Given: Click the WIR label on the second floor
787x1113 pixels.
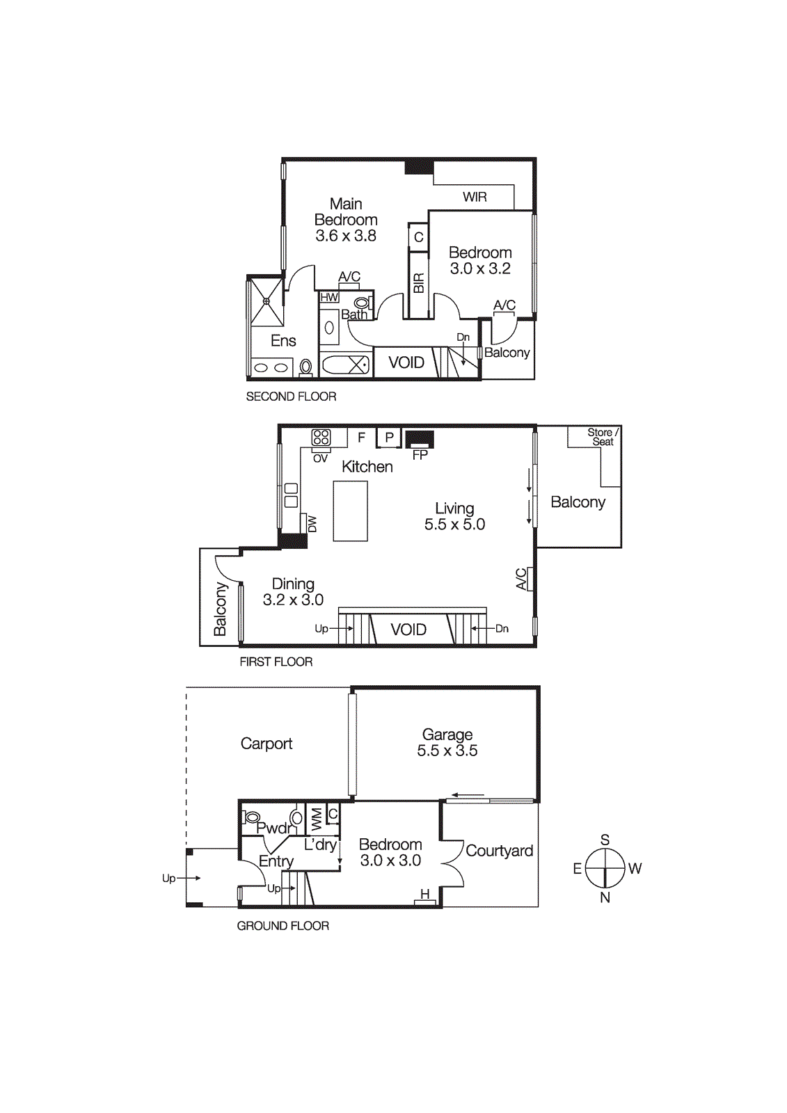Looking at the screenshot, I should click(x=475, y=197).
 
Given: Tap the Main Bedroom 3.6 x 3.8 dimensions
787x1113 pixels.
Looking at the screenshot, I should click(x=346, y=236).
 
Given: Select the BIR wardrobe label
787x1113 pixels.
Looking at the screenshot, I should click(x=418, y=283).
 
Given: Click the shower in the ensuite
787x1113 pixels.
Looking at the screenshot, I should click(x=267, y=301).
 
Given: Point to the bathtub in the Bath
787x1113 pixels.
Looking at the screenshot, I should click(x=346, y=365).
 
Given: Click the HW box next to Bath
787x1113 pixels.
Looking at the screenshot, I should click(x=329, y=297).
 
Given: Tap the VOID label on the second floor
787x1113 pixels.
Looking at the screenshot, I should click(x=406, y=362).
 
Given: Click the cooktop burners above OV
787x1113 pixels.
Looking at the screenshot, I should click(x=321, y=437).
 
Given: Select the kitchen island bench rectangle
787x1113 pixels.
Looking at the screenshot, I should click(x=350, y=511).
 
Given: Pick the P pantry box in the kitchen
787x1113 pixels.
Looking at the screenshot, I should click(x=389, y=438).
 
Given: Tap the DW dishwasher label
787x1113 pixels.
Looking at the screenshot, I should click(x=312, y=524).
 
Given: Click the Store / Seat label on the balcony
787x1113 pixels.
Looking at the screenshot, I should click(x=602, y=437).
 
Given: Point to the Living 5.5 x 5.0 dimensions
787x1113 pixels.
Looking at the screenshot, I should click(x=454, y=525).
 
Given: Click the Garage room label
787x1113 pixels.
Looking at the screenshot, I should click(x=447, y=735).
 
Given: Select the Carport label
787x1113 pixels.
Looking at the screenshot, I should click(x=267, y=744).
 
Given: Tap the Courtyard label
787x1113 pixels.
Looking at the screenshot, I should click(x=499, y=851).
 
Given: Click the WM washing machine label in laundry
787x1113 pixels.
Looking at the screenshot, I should click(x=317, y=819).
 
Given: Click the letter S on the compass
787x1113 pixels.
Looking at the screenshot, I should click(x=605, y=840).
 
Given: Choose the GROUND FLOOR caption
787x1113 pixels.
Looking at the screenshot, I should click(x=283, y=926).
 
